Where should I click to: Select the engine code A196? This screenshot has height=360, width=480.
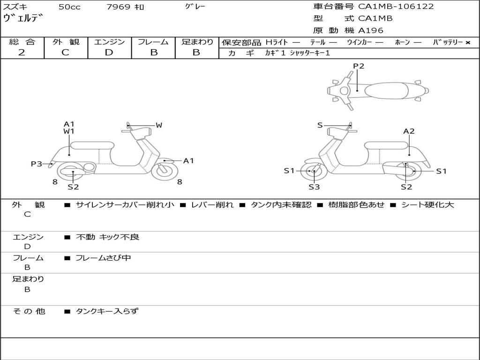point(371,30)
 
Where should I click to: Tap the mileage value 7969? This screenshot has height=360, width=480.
point(118,7)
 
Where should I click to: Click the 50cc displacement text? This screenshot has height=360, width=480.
point(69,7)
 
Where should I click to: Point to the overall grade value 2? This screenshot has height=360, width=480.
point(22,52)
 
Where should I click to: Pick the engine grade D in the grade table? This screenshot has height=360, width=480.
point(109,52)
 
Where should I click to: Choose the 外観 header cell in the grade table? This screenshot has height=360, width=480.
point(66,42)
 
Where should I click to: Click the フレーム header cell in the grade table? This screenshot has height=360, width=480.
point(153,42)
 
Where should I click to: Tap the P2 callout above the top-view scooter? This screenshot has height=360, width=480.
point(359,66)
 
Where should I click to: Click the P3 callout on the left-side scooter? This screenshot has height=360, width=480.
point(37,164)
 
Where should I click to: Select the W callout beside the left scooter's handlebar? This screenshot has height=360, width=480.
point(159,125)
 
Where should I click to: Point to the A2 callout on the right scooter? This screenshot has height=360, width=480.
point(409,131)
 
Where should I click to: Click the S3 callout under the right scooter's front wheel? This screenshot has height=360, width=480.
point(314,187)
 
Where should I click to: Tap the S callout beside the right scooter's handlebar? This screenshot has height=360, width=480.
point(320,125)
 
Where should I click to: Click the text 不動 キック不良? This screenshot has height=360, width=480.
point(107,237)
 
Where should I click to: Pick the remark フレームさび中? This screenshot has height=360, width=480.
point(103,258)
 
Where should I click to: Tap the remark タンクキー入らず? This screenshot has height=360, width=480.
point(107,311)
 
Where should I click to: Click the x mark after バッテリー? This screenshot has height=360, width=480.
point(468,43)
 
